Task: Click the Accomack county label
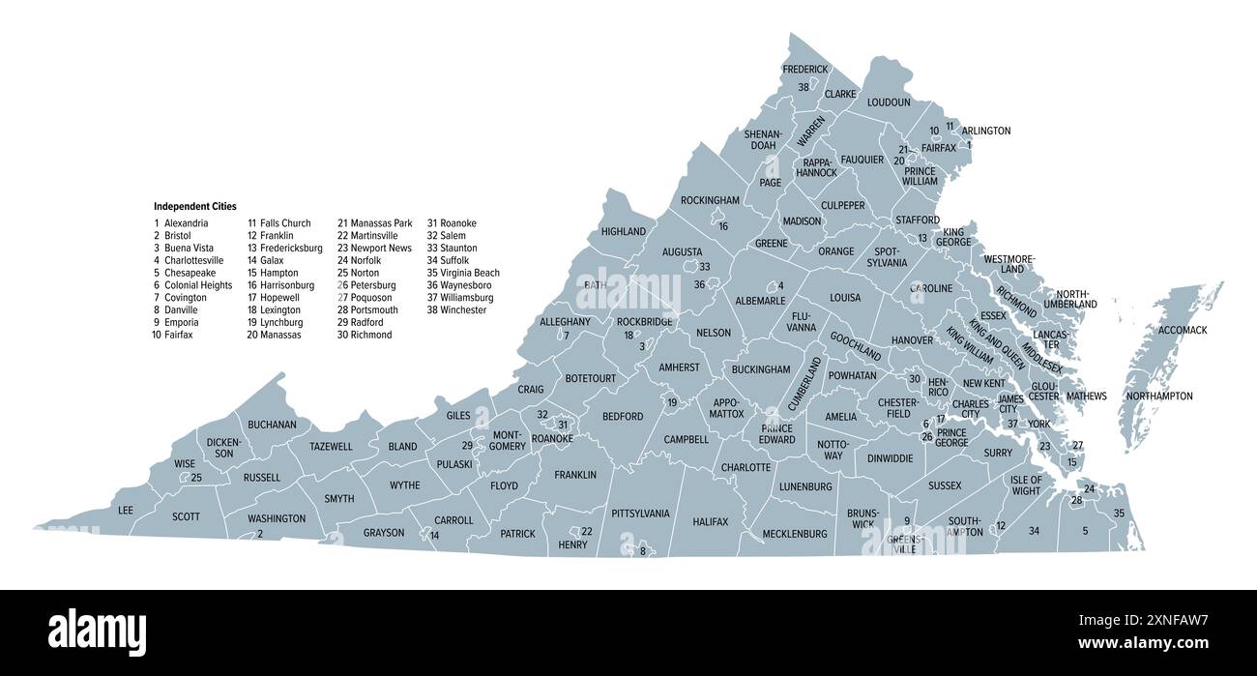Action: click(x=1183, y=330)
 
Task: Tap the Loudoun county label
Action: click(x=889, y=102)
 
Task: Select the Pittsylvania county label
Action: click(x=640, y=514)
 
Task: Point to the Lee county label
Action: click(x=126, y=510)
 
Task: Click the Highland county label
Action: click(x=623, y=232)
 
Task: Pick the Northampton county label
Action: click(x=1159, y=397)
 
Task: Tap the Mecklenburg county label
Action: click(x=795, y=534)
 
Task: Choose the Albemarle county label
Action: click(x=760, y=301)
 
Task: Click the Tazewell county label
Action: click(x=331, y=447)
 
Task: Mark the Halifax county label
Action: click(x=710, y=522)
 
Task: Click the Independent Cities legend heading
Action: click(x=194, y=206)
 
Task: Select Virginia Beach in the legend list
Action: click(x=463, y=273)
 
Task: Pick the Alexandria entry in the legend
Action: click(x=186, y=223)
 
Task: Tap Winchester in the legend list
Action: click(x=458, y=309)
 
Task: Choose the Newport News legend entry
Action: click(x=374, y=249)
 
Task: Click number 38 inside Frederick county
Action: click(x=804, y=87)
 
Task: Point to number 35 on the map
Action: click(x=1119, y=514)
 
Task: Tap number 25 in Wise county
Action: click(x=195, y=478)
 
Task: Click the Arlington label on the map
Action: click(x=985, y=131)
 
